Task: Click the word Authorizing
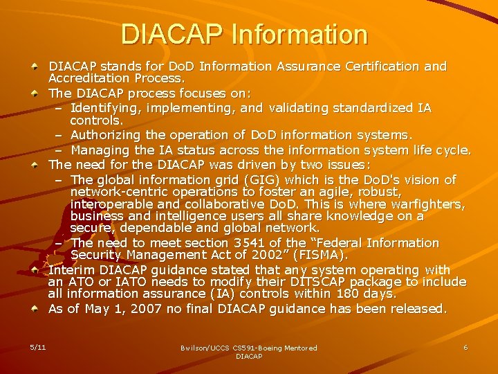[x=108, y=135]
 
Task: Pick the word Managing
[x=100, y=150]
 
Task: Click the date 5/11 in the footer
[x=38, y=346]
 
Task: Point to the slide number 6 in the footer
[x=465, y=347]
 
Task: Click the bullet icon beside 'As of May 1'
[x=35, y=308]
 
